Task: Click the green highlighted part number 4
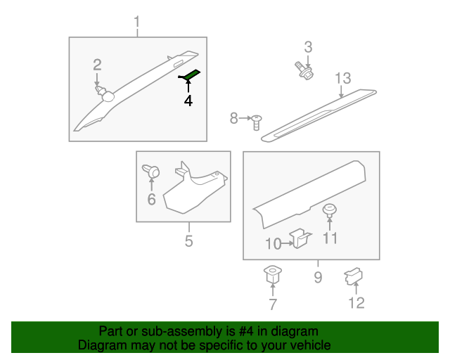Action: (191, 75)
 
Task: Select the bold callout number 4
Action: (188, 101)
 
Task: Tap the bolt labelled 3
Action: (304, 70)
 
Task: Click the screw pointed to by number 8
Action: (256, 122)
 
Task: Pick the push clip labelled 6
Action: (151, 171)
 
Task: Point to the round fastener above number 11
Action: (330, 211)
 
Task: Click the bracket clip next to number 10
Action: (300, 238)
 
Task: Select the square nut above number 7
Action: (272, 274)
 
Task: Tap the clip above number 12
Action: (354, 276)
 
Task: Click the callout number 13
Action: (343, 78)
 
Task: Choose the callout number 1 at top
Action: (137, 22)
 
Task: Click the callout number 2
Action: (97, 65)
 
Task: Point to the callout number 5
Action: (188, 241)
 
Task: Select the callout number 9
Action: (318, 277)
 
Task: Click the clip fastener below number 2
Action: (105, 93)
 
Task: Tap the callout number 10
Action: (274, 244)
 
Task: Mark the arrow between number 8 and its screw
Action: (245, 118)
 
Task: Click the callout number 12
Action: (356, 303)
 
